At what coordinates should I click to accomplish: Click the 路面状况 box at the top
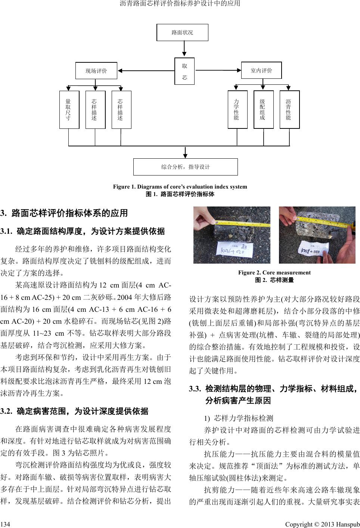(x=182, y=32)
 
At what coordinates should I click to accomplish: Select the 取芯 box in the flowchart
(x=184, y=71)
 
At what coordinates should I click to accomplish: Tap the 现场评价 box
(x=96, y=71)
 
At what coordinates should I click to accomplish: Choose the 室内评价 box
(x=261, y=70)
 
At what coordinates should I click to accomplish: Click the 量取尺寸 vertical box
(x=69, y=109)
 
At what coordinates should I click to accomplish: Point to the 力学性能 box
(x=237, y=109)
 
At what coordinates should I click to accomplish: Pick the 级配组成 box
(x=263, y=109)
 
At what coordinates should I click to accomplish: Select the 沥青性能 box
(x=289, y=109)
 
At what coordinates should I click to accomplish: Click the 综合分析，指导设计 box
(x=185, y=167)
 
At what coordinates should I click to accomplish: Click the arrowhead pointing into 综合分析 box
(x=186, y=155)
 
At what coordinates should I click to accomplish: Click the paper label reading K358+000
(x=313, y=248)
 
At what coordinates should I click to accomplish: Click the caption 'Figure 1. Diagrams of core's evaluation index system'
(x=180, y=187)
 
